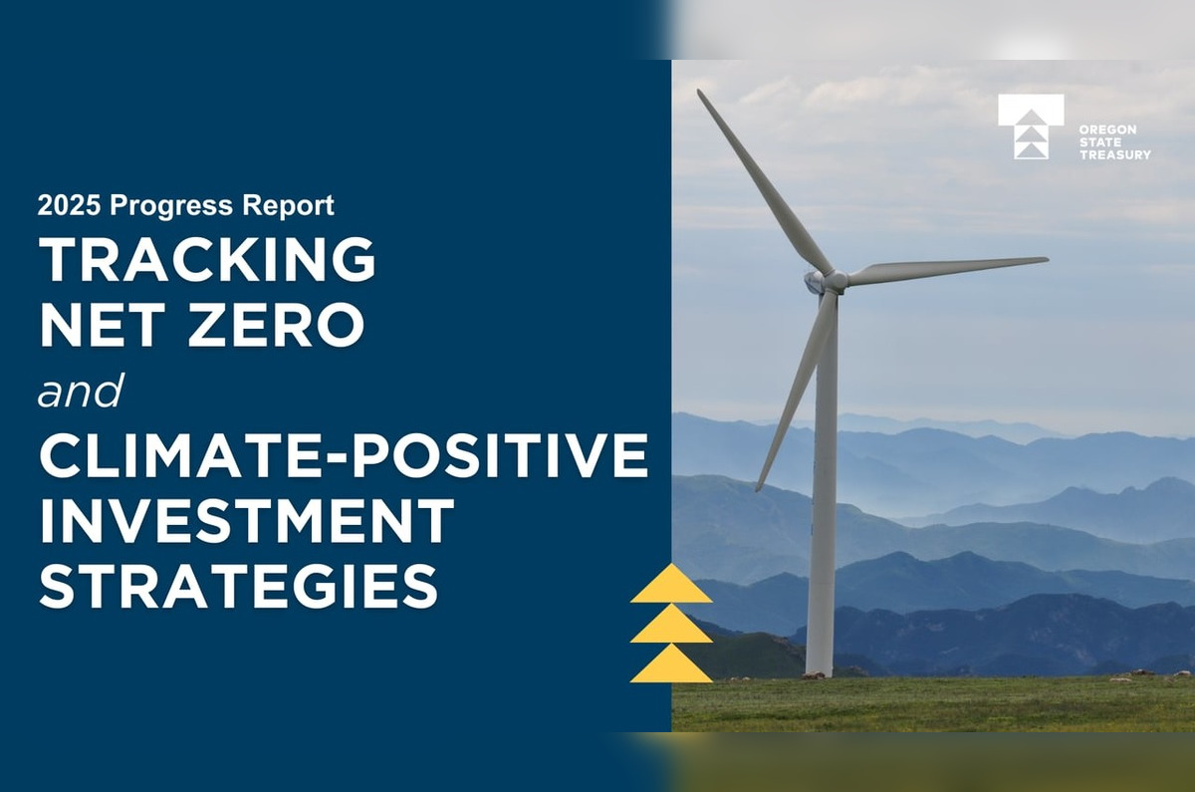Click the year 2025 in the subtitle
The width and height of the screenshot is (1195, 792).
pyautogui.click(x=69, y=206)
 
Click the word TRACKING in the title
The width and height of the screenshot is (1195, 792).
pyautogui.click(x=207, y=261)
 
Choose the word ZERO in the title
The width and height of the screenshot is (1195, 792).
pyautogui.click(x=277, y=325)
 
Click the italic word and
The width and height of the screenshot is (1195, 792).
pyautogui.click(x=81, y=392)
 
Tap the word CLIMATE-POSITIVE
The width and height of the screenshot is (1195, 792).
pyautogui.click(x=344, y=456)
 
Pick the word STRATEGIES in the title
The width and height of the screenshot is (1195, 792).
pyautogui.click(x=238, y=585)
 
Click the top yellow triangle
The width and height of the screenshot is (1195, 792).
pyautogui.click(x=671, y=586)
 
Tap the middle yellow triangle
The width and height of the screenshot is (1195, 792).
pyautogui.click(x=671, y=626)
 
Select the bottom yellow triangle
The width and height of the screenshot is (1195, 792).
pyautogui.click(x=671, y=665)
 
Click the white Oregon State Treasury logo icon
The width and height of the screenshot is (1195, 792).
pyautogui.click(x=1031, y=127)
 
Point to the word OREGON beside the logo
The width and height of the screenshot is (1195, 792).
pyautogui.click(x=1100, y=131)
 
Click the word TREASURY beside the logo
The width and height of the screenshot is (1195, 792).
pyautogui.click(x=1114, y=154)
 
